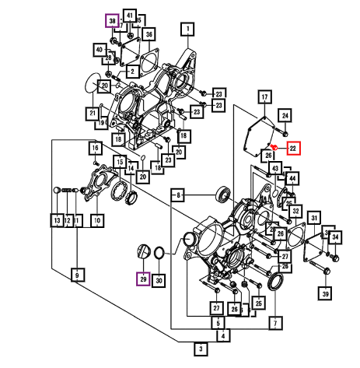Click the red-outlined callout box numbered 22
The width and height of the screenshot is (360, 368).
pos(293,149)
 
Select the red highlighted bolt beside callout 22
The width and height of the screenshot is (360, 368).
pos(274,147)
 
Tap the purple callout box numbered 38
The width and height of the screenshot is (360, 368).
pos(112,21)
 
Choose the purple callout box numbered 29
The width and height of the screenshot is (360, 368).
pos(143,279)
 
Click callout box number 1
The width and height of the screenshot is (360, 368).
pos(187,30)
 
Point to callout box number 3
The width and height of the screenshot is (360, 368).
pos(201,349)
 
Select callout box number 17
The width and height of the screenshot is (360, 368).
pos(264,96)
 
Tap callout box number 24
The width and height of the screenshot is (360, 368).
pos(285,115)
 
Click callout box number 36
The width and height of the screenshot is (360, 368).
pos(149,34)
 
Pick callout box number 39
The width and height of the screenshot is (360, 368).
pos(325,293)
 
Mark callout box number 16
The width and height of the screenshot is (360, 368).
pos(96,148)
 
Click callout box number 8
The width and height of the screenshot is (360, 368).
pos(178,195)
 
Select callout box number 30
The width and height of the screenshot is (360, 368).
pos(159,280)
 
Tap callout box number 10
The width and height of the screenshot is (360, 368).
pos(97,221)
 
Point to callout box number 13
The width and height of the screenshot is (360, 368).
pos(57,221)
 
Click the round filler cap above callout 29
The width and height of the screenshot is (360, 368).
pos(143,251)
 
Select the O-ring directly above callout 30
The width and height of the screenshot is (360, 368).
pos(159,253)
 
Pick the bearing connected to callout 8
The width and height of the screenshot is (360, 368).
pos(223,194)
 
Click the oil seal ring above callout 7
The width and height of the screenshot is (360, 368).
pos(275,282)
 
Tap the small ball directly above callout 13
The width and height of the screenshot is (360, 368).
pos(57,190)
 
